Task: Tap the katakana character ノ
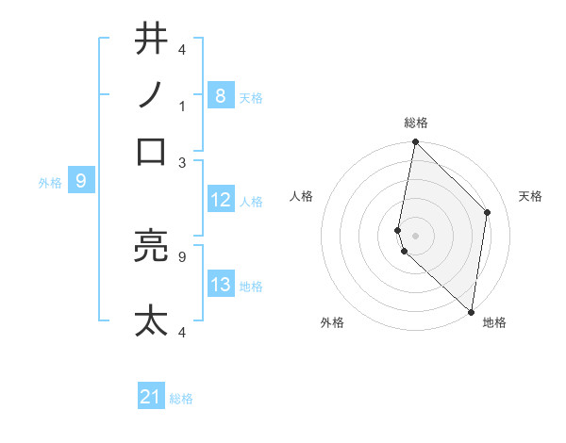152,95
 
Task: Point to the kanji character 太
152,321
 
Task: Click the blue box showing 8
220,95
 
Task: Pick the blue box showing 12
220,200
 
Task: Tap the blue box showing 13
220,285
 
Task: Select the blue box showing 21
151,397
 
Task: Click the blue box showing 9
80,180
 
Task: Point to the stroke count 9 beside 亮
182,255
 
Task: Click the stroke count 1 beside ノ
182,106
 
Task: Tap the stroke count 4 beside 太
182,332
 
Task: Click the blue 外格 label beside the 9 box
50,182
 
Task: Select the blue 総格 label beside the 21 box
181,399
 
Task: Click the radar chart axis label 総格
416,123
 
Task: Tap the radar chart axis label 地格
494,323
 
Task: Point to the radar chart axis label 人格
302,196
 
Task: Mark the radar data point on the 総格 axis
415,142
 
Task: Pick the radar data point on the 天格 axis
488,212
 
